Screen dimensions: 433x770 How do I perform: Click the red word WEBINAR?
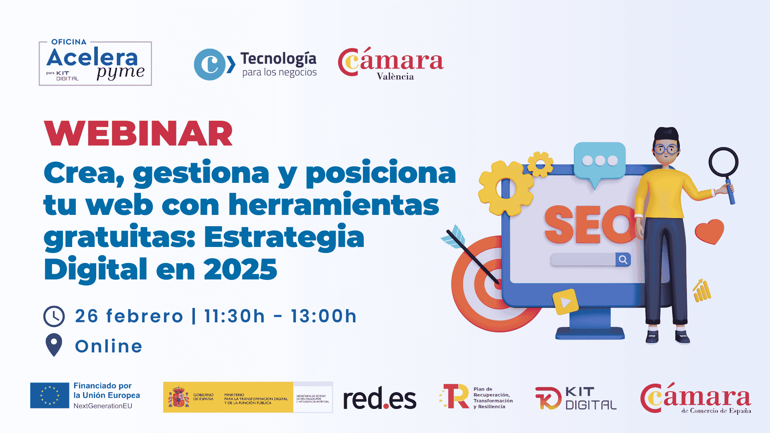138,134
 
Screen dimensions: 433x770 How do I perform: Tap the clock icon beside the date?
54,316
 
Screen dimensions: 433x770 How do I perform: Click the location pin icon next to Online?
54,344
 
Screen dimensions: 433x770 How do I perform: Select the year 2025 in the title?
240,269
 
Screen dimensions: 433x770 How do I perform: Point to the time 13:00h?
323,316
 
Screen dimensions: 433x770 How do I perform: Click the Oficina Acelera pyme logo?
95,63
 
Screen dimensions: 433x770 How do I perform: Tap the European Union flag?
50,395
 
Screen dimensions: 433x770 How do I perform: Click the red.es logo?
379,398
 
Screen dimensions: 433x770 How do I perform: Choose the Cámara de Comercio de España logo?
695,398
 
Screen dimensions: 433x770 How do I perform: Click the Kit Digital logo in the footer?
576,398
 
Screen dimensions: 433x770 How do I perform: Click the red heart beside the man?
709,231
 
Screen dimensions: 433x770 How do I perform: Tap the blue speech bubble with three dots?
600,161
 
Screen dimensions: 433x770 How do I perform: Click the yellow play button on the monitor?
565,302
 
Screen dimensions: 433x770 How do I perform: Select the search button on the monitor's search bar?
623,260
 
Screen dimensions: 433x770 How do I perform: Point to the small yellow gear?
540,164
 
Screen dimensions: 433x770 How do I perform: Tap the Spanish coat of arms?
178,397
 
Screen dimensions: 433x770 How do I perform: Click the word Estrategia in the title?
284,237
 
